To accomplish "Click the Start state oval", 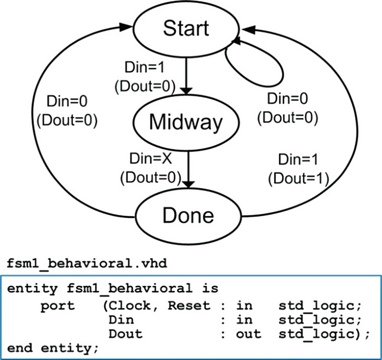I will pos(186,29).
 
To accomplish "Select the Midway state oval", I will pos(185,122).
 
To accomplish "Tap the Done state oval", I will pos(188,215).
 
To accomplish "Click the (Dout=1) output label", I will pos(297,178).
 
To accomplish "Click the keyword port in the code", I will pos(58,306).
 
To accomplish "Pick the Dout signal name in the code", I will pos(126,334).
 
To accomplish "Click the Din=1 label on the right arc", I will pos(297,160).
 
